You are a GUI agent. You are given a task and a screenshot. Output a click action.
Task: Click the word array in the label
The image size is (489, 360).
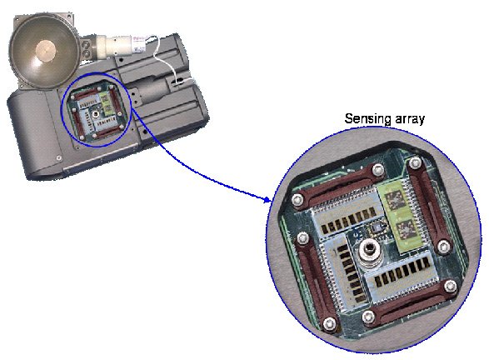coord(410,119)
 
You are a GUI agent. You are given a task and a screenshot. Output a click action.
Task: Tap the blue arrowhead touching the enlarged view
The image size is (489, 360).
coord(267,199)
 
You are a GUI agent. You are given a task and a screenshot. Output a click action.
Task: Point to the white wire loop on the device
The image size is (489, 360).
coord(164,59)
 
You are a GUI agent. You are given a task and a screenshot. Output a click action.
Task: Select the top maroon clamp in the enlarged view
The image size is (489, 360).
coord(339,186)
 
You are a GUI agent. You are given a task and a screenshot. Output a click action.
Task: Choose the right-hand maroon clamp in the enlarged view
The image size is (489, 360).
coord(428,202)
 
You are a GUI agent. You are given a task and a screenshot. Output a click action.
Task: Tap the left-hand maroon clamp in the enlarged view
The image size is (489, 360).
coord(316,281)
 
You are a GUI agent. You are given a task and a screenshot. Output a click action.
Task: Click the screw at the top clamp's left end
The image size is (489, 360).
coord(297,199)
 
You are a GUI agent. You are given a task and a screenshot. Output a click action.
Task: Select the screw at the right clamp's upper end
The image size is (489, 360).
coord(416,162)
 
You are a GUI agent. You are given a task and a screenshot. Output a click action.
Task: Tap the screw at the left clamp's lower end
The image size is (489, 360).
coord(329,323)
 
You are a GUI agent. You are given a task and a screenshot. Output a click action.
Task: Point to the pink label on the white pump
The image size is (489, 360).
coord(140,42)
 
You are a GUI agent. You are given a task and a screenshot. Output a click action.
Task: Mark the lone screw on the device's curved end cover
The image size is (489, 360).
coord(58,157)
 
